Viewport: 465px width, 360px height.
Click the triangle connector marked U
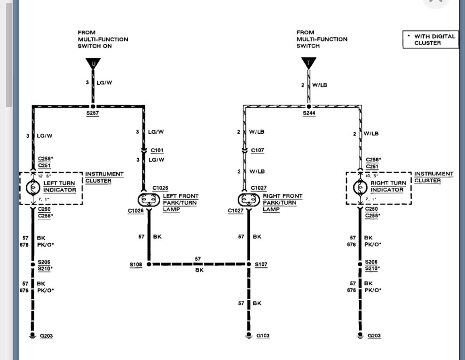93,63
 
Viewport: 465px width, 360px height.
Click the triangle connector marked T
308,63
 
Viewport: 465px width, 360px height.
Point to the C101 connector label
157,151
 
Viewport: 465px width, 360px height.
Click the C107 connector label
257,151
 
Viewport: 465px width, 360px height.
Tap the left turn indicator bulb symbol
33,187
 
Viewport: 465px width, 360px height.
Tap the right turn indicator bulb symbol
360,187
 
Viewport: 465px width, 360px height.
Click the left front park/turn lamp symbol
149,200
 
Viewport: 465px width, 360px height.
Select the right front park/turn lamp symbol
249,200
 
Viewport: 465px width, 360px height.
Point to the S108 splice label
135,265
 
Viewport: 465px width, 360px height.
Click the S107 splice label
261,265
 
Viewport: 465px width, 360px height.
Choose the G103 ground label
263,336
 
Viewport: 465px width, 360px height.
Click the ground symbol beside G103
249,336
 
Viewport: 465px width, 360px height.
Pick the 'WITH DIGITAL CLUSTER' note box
431,40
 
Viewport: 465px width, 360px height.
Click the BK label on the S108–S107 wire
199,271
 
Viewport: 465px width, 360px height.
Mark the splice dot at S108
149,264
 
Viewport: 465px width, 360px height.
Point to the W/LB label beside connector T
320,85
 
